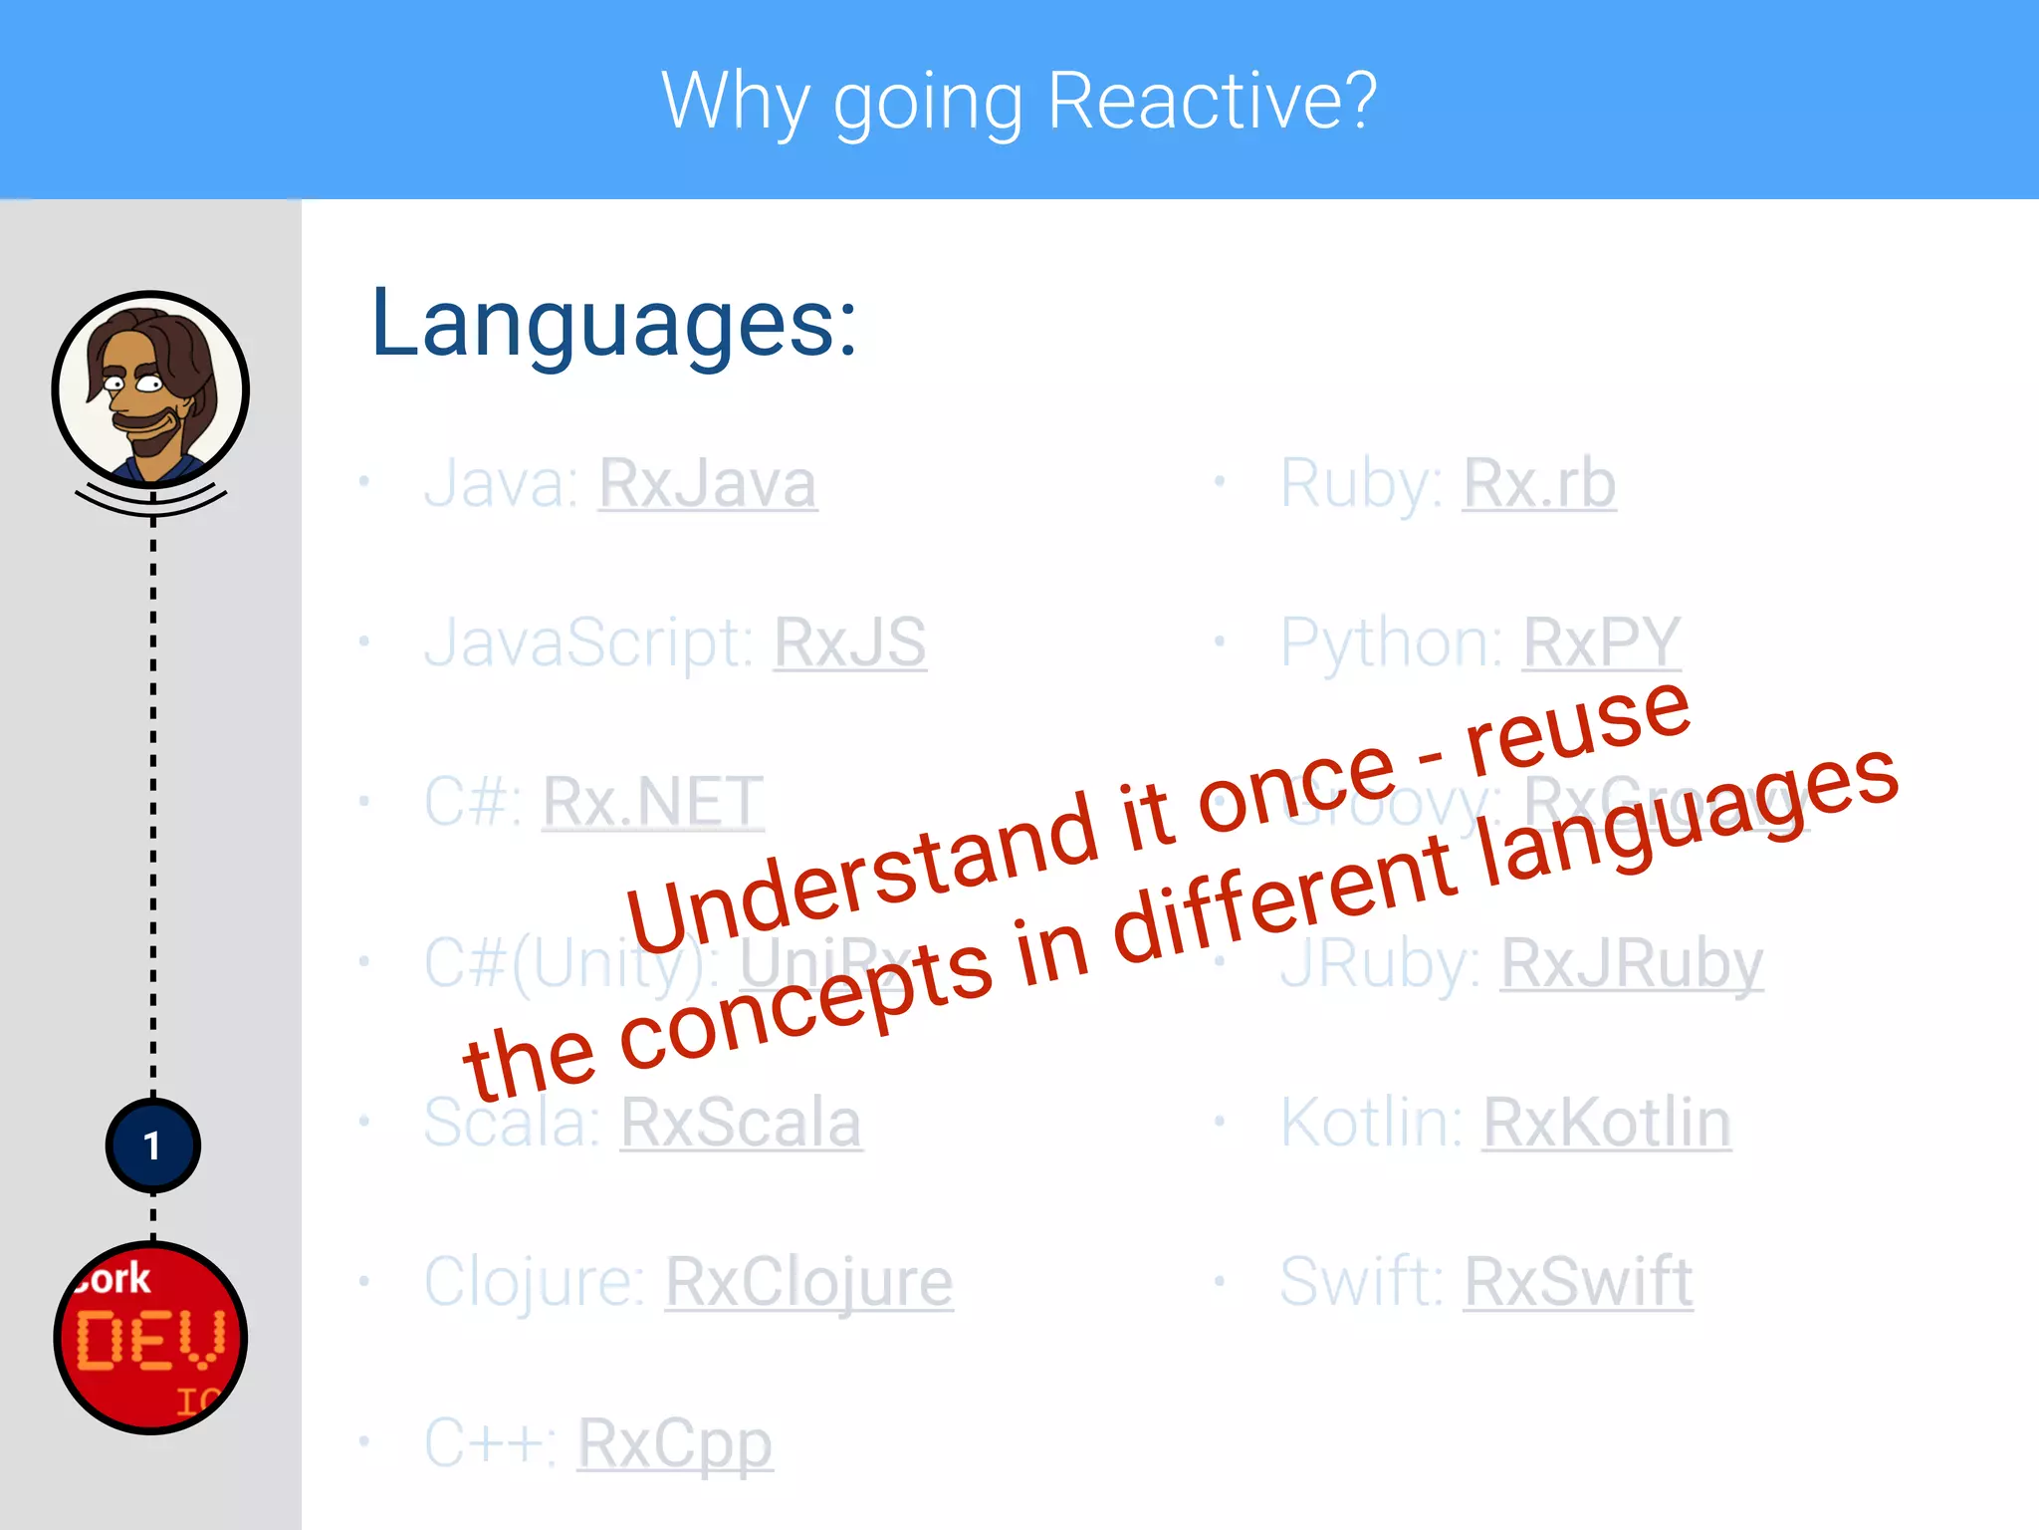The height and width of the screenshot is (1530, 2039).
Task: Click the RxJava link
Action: click(x=707, y=484)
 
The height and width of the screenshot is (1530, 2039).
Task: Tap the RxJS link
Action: click(x=850, y=642)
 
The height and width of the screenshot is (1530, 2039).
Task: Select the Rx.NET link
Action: click(x=653, y=802)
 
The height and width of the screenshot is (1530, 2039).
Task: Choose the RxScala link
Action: click(x=741, y=1123)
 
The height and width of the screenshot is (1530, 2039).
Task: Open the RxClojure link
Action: click(x=808, y=1282)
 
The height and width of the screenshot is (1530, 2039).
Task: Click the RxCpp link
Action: click(x=675, y=1442)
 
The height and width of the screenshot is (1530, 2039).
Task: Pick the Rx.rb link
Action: click(x=1539, y=484)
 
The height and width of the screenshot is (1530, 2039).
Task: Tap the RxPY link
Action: click(x=1602, y=642)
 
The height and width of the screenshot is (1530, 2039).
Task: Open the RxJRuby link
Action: click(x=1632, y=963)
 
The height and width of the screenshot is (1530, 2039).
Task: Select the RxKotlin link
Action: click(x=1607, y=1123)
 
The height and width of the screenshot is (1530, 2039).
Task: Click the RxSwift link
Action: click(x=1578, y=1282)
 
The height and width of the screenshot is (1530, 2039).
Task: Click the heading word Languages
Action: click(x=613, y=324)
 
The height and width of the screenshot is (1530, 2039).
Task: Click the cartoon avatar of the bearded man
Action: click(x=150, y=389)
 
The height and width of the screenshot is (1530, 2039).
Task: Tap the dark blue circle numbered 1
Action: click(x=152, y=1146)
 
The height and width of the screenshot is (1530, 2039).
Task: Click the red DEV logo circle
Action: click(x=150, y=1338)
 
